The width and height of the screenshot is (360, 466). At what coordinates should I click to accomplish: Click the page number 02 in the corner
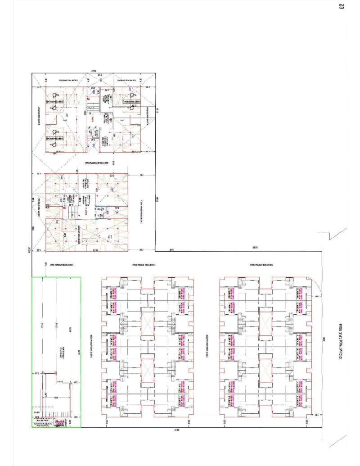(x=342, y=6)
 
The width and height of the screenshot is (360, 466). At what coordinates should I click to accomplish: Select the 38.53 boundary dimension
(x=254, y=248)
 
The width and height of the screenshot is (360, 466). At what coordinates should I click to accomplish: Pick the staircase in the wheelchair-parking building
(x=93, y=106)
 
